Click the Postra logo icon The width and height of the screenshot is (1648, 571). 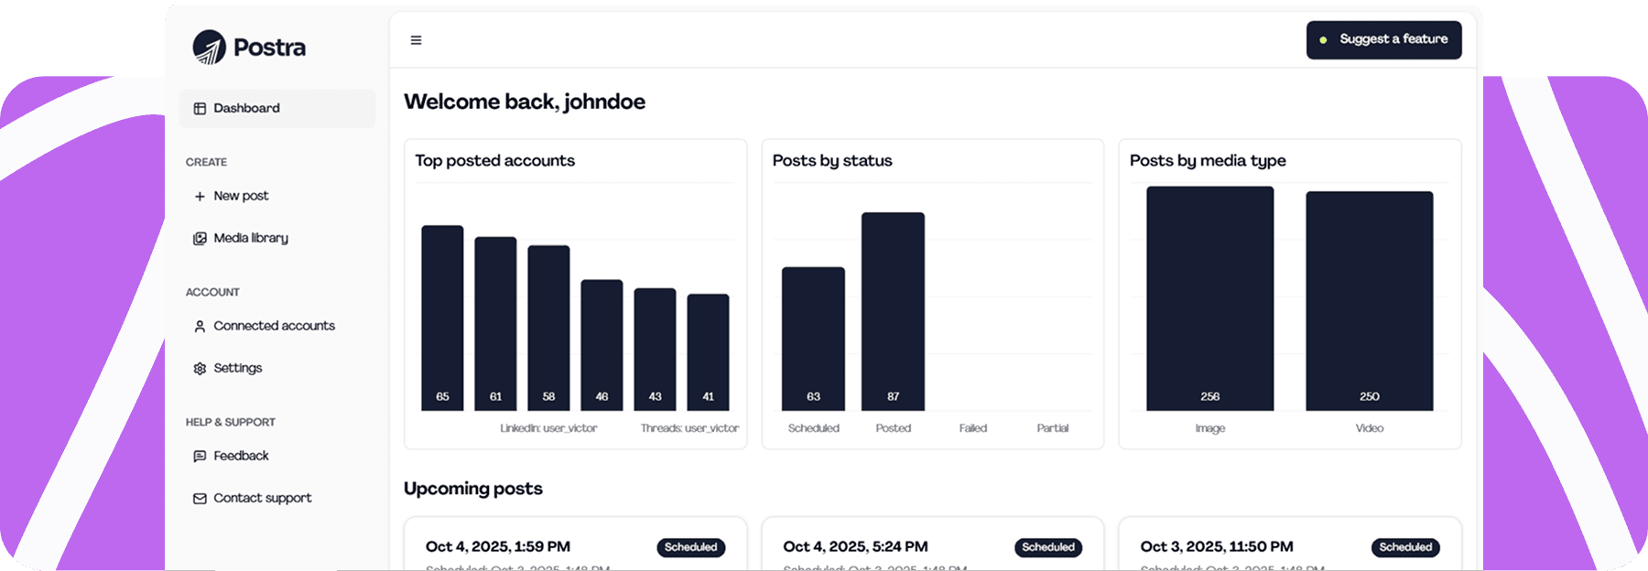[x=210, y=48]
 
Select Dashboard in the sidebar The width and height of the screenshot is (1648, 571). [x=246, y=108]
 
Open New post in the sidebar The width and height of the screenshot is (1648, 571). [x=241, y=196]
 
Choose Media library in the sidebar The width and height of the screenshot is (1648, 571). [x=250, y=238]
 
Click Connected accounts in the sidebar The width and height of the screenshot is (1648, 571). [x=274, y=326]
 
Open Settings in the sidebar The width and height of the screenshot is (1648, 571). [x=237, y=368]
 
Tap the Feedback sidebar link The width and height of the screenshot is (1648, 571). [x=241, y=456]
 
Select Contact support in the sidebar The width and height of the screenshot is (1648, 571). [x=262, y=498]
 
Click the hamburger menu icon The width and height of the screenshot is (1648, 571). [x=416, y=40]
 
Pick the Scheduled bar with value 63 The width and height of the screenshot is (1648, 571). [x=813, y=339]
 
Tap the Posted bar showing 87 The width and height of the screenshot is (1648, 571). [x=893, y=311]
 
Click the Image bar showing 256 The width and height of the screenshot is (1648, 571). [x=1209, y=298]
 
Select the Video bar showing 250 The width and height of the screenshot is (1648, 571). [x=1369, y=301]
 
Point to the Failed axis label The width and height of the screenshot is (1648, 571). [x=972, y=428]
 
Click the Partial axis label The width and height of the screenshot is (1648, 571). [x=1052, y=428]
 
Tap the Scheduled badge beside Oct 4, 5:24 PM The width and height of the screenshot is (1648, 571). [x=1048, y=547]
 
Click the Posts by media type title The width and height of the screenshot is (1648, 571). [x=1208, y=161]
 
